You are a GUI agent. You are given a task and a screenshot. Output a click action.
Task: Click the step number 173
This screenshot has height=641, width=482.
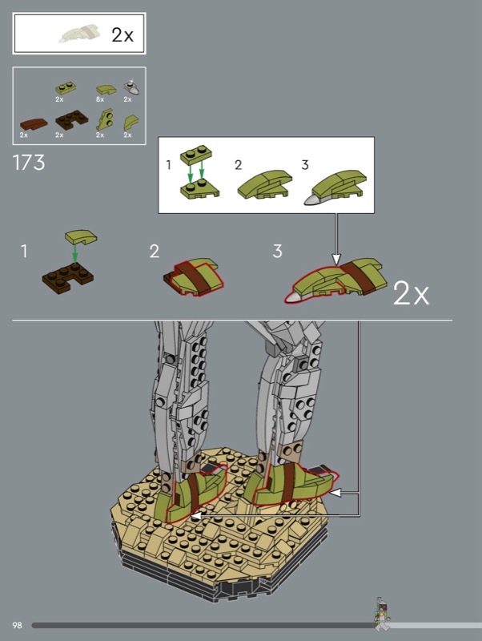29,163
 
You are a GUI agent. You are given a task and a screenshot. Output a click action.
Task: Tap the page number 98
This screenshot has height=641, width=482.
17,625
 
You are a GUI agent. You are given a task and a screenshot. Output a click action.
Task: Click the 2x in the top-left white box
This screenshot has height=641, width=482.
123,35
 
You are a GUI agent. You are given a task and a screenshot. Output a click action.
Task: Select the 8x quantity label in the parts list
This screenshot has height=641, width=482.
100,99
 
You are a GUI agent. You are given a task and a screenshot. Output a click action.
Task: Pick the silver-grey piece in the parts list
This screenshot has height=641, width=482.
131,87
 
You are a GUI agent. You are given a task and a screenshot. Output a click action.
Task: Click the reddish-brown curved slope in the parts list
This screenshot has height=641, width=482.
34,123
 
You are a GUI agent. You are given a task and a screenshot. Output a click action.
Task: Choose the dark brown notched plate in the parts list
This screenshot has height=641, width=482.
71,119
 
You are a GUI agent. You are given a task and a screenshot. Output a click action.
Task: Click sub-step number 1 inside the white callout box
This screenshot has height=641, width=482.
168,165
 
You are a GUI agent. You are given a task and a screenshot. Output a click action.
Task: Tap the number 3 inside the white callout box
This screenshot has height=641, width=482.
305,165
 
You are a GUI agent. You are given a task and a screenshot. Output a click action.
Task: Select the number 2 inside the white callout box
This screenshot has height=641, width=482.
238,165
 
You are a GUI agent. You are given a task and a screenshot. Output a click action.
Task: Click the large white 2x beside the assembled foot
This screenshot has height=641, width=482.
411,293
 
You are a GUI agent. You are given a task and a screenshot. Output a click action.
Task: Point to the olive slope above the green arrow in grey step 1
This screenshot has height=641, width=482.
81,237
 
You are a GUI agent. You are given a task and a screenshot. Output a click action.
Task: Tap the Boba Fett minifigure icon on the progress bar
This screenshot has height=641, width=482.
381,615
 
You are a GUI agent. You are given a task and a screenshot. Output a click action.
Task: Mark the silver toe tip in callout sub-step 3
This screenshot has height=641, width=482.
314,199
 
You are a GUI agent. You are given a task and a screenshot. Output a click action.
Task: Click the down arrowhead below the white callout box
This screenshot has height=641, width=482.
335,259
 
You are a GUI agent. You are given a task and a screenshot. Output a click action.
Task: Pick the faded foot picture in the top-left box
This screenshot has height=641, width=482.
80,34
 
